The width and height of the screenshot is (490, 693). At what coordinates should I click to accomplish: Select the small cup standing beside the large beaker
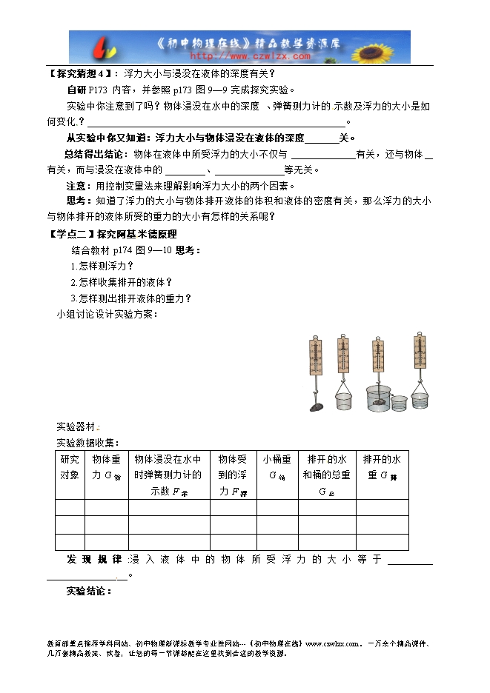tap(399, 404)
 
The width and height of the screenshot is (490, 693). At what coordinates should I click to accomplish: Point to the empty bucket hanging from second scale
tap(342, 401)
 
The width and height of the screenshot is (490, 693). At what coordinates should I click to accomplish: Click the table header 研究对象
tap(69, 466)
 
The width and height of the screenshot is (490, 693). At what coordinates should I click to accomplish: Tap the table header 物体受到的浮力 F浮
tap(232, 475)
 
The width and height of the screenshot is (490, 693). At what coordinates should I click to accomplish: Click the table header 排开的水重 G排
tap(381, 466)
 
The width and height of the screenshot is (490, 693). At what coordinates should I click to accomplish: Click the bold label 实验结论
tap(88, 591)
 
